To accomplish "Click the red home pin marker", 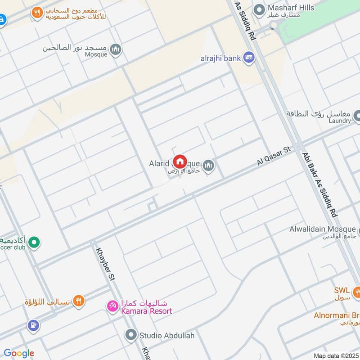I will (180, 162).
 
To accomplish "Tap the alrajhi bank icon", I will (248, 58).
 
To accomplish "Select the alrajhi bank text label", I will (220, 58).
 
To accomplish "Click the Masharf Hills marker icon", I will (259, 9).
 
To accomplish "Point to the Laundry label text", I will (340, 121).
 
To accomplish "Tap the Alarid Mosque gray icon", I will (208, 166).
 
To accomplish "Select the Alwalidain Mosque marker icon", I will (359, 230).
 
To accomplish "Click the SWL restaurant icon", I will (356, 291).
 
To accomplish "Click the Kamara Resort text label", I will (146, 311).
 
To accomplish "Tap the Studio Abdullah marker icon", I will (131, 335).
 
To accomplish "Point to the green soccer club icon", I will (33, 243).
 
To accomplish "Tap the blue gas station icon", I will (32, 324).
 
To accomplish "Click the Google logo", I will (19, 353).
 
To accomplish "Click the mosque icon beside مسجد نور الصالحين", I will (116, 50).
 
